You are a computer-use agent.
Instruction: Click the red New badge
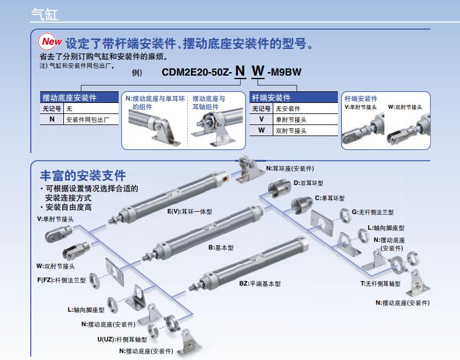click(51, 42)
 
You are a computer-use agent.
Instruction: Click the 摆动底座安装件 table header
click(69, 98)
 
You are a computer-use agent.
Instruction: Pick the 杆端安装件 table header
click(271, 98)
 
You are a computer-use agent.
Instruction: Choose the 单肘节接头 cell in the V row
click(291, 119)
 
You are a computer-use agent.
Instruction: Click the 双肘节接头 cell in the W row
click(291, 130)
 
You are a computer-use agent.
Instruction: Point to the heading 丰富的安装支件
click(83, 175)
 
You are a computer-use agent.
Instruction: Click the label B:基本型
click(221, 247)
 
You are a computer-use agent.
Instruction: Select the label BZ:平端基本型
click(259, 283)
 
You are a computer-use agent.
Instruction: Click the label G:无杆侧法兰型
click(373, 212)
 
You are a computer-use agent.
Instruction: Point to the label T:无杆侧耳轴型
click(380, 283)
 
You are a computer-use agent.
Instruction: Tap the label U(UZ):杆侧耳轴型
click(122, 338)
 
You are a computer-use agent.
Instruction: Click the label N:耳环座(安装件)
click(290, 168)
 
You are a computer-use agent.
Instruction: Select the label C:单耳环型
click(330, 198)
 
